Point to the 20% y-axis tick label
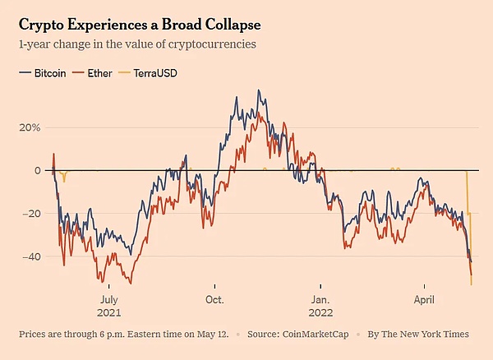tap(30, 127)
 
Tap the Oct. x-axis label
tap(214, 299)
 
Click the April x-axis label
tap(425, 299)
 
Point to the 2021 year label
tap(109, 313)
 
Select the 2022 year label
tap(320, 313)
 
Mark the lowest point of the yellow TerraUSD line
tap(471, 284)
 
